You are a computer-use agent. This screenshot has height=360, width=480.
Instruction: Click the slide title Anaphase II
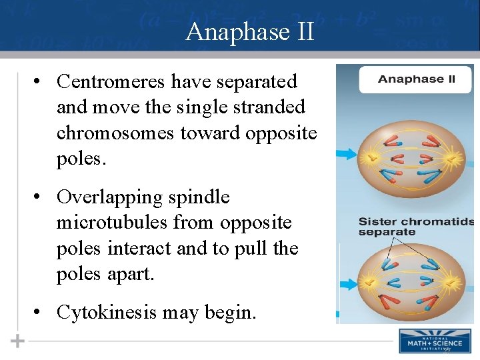click(249, 31)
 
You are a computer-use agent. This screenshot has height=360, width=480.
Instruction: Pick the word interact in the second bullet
click(163, 248)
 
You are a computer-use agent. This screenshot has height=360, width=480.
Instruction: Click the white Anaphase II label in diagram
click(416, 79)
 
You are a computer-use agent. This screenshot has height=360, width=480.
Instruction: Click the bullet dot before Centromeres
click(40, 82)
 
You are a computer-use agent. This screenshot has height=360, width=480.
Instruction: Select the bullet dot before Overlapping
click(40, 197)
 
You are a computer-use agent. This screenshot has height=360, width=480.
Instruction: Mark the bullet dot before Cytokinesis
click(40, 312)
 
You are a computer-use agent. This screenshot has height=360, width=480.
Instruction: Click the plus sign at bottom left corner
click(17, 341)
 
